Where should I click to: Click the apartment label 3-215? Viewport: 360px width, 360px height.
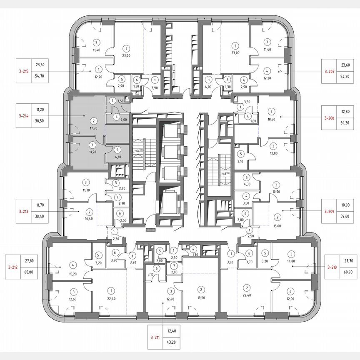click(x=23, y=71)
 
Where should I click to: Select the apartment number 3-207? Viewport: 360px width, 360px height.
click(x=330, y=71)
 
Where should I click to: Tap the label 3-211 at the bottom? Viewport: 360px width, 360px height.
click(x=155, y=338)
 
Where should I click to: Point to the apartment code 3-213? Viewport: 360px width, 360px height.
click(x=23, y=211)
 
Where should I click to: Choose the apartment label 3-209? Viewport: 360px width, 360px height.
click(x=330, y=211)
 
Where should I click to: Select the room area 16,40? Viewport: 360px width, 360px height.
click(x=90, y=218)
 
